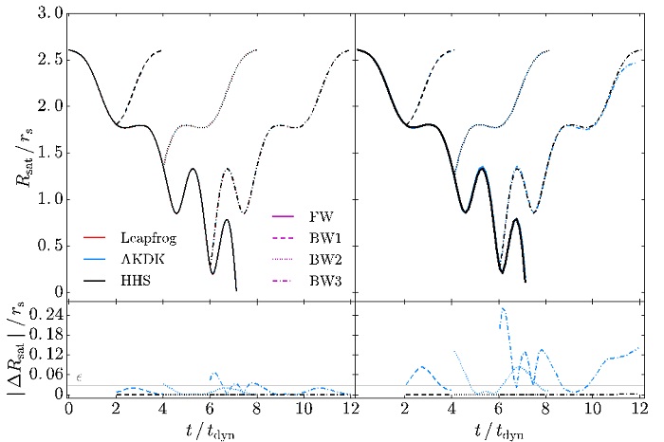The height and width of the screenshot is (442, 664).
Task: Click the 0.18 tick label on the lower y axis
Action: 42,332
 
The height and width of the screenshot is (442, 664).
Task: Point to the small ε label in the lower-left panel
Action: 80,378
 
